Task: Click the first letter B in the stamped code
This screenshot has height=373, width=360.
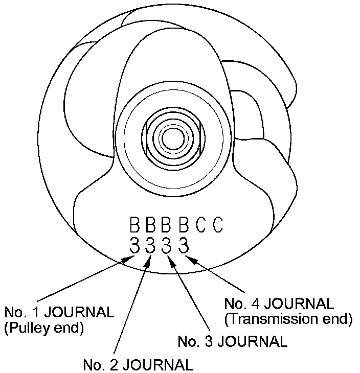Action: pos(134,225)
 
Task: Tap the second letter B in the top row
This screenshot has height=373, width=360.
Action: pos(150,225)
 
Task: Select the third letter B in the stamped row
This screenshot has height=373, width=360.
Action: pos(166,225)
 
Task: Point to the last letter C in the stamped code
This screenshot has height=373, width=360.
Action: pos(218,225)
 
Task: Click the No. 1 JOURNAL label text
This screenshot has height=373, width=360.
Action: pos(59,312)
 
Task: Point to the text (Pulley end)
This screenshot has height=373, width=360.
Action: pos(43,328)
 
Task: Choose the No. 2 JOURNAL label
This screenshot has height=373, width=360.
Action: pos(138,365)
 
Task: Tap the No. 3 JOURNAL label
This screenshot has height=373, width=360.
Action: pos(232,340)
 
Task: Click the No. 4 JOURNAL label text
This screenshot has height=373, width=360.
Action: pos(279,304)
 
